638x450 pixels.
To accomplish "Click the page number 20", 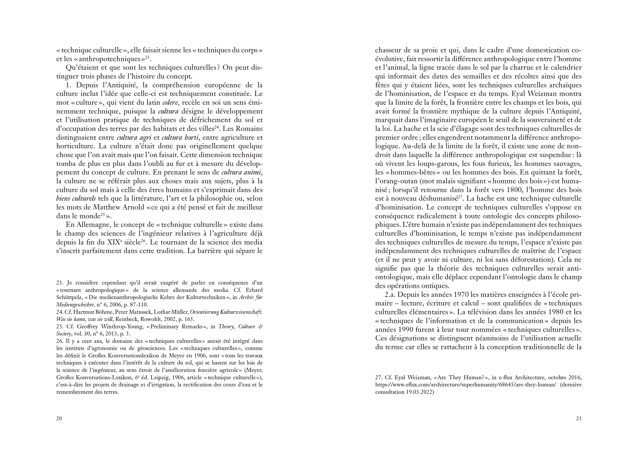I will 59,418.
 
